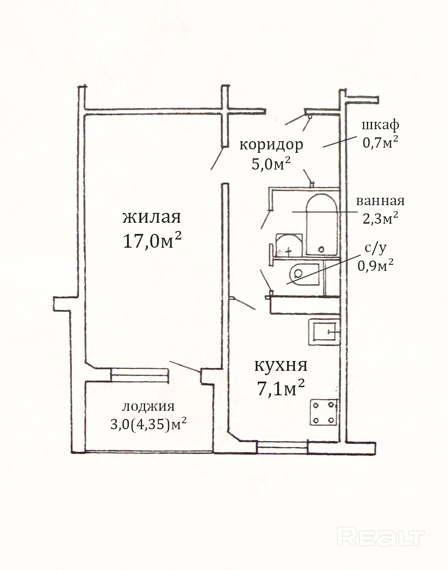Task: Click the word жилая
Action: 151,217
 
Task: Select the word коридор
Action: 271,145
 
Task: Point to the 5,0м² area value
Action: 271,164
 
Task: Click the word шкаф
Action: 380,125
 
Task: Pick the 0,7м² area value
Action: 380,142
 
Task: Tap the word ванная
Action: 380,201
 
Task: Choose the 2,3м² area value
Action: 380,218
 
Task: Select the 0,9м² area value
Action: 375,266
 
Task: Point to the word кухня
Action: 281,366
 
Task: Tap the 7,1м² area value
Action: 281,389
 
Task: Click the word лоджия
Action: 148,406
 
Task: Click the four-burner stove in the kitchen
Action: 324,412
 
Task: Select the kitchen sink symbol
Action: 324,332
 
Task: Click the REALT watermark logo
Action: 381,537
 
